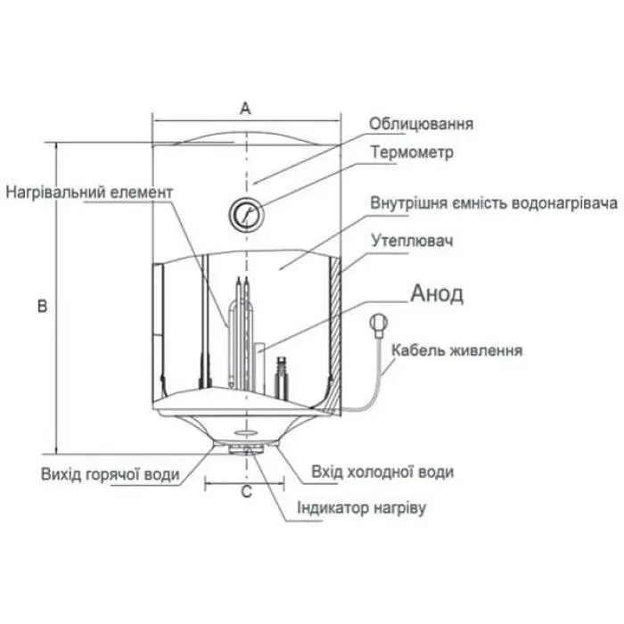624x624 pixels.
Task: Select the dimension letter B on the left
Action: (42, 305)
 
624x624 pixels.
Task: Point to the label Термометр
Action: (412, 152)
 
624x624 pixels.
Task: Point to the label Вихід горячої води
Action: (111, 474)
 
